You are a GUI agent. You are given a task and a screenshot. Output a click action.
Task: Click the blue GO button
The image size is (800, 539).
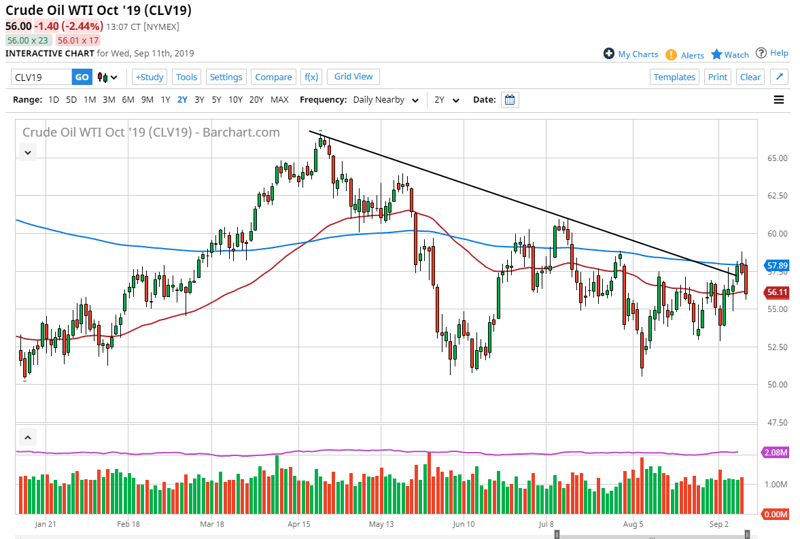point(82,77)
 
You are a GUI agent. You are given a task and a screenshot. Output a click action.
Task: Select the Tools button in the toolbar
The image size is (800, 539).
point(186,77)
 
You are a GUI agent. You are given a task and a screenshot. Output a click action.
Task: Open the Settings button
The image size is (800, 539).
point(226,77)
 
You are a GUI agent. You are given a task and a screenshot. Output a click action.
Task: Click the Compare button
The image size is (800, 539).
point(273,77)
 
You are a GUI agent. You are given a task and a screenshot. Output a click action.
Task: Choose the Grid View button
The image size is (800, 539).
point(353,76)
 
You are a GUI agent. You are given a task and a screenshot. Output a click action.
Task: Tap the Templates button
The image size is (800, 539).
point(674,77)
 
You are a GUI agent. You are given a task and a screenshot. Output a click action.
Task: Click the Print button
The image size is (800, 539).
point(717,77)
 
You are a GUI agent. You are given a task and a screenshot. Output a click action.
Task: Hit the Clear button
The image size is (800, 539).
point(750,77)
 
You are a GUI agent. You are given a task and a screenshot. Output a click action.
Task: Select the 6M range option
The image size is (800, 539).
point(128,99)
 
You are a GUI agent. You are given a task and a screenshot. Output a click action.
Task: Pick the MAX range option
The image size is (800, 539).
point(279,99)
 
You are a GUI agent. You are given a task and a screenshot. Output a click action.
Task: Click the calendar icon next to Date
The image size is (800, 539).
point(510,100)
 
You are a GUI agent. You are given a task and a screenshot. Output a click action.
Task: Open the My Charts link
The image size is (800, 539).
point(631,54)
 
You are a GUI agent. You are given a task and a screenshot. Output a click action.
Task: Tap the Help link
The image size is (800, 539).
point(772,53)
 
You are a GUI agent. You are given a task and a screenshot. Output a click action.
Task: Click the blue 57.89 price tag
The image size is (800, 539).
point(776,266)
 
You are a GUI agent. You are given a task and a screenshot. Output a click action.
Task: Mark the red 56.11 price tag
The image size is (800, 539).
point(776,292)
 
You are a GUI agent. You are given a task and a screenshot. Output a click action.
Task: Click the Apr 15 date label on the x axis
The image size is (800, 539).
point(299,524)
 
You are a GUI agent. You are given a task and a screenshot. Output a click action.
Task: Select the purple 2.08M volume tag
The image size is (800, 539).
point(776,453)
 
